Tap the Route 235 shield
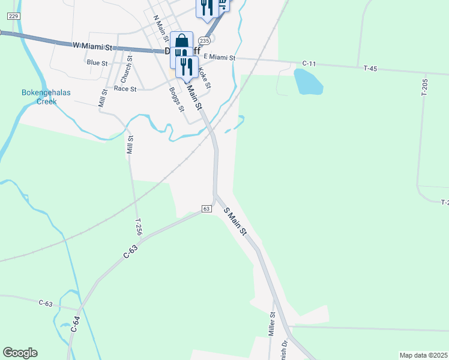click(x=204, y=41)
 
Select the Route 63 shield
click(x=206, y=208)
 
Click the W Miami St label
click(x=93, y=46)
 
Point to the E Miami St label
click(x=220, y=57)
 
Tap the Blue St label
click(x=97, y=62)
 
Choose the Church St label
click(x=125, y=70)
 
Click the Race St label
click(x=125, y=88)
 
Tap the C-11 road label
click(x=309, y=63)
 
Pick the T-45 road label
click(x=370, y=69)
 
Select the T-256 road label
click(x=139, y=227)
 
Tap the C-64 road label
click(x=76, y=324)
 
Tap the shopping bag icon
click(x=181, y=41)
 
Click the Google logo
click(x=20, y=353)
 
